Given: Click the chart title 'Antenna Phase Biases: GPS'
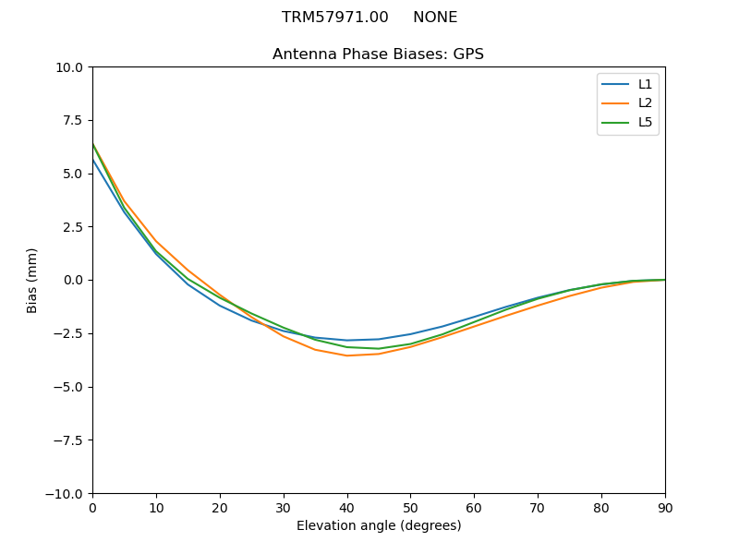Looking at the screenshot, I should (378, 54).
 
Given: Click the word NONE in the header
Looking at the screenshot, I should (435, 18).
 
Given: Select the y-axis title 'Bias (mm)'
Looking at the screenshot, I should (32, 280).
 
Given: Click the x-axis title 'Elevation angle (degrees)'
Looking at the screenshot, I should (379, 525).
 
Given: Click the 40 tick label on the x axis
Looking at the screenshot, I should (346, 507).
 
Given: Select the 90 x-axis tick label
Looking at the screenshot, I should (665, 507).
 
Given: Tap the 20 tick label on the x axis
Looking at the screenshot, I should (220, 507).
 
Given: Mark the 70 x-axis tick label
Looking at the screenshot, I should (538, 507).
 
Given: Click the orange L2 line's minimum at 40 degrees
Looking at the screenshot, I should (347, 355).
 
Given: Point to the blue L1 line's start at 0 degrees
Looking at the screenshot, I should (93, 161).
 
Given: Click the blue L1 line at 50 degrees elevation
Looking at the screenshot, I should (410, 334).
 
